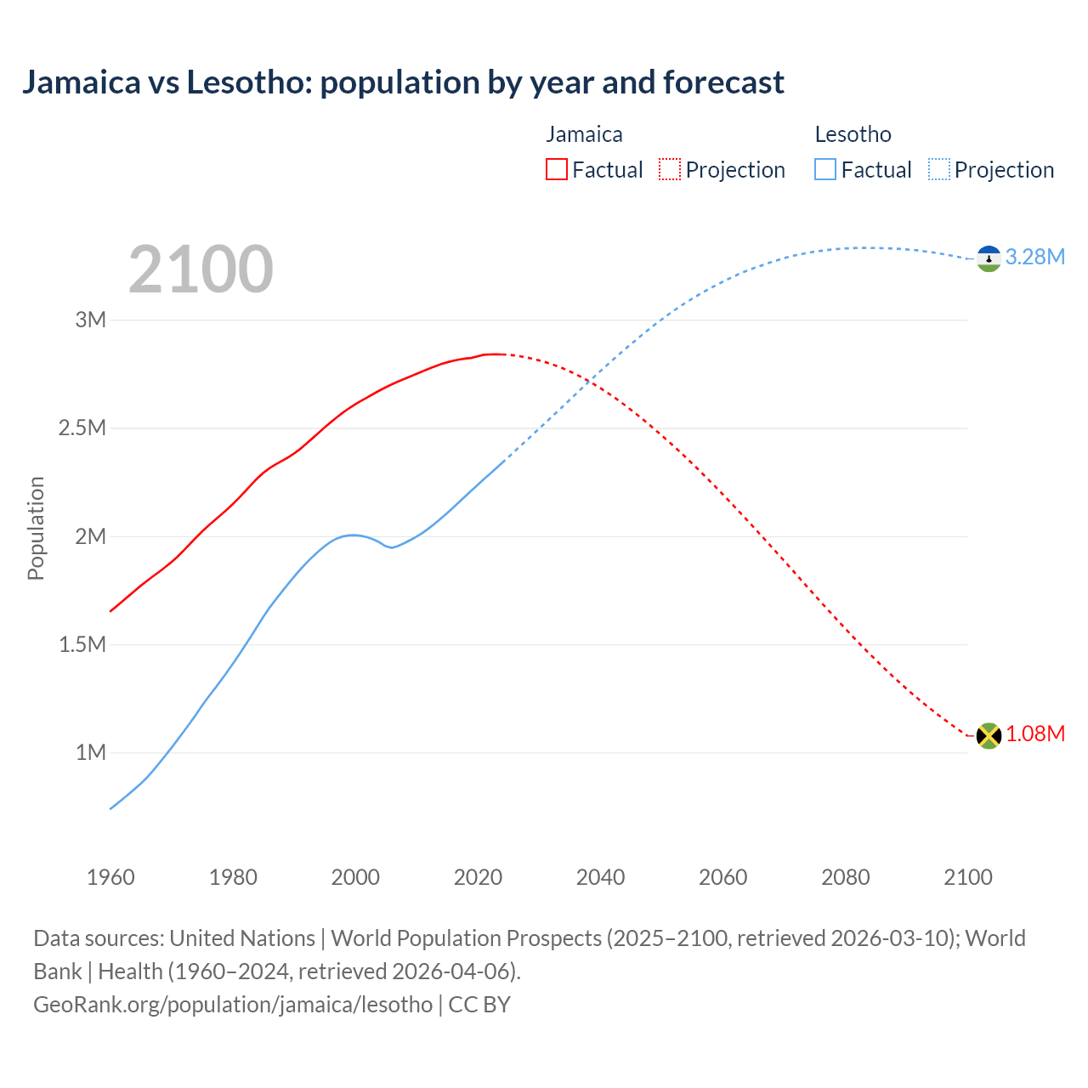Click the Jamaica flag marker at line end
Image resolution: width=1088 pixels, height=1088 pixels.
click(x=989, y=735)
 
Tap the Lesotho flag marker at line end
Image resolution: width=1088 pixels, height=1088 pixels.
click(x=989, y=258)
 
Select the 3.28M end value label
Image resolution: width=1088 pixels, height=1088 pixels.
click(x=1034, y=257)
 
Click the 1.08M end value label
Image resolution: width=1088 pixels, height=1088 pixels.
click(x=1034, y=734)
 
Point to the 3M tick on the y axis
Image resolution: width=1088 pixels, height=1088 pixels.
click(x=91, y=320)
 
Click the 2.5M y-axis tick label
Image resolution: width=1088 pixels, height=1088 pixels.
click(x=82, y=428)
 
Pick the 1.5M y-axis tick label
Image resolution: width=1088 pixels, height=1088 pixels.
click(x=82, y=644)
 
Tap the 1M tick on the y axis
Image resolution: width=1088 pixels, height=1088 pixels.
click(x=91, y=752)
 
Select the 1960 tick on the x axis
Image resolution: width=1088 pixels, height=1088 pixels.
click(x=110, y=877)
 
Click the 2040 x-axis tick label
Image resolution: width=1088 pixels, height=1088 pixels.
click(x=600, y=877)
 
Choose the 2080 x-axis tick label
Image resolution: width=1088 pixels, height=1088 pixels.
click(x=845, y=877)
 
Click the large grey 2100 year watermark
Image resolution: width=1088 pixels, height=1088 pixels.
click(x=201, y=269)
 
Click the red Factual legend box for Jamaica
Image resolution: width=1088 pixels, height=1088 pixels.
click(x=556, y=170)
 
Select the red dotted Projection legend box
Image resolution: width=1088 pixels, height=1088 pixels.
click(x=670, y=170)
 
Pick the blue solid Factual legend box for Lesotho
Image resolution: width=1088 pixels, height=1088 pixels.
click(x=824, y=170)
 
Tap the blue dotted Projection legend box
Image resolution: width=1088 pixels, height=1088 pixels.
click(x=938, y=170)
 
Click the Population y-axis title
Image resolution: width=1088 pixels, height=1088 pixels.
click(x=36, y=528)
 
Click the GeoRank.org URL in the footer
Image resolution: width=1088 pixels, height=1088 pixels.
click(x=233, y=1005)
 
